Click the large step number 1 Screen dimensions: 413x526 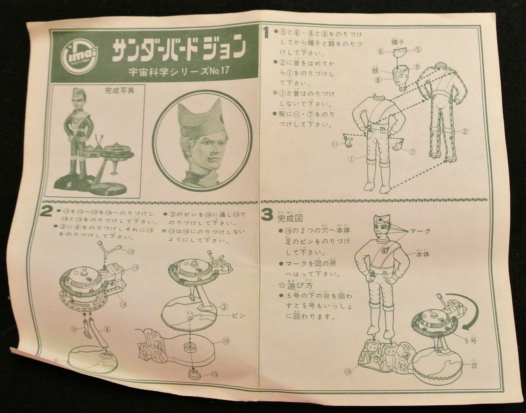pyautogui.click(x=266, y=33)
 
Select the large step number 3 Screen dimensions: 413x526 pyautogui.click(x=266, y=215)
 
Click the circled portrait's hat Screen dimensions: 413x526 pyautogui.click(x=204, y=114)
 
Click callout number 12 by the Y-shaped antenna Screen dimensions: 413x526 pyautogui.click(x=131, y=251)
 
